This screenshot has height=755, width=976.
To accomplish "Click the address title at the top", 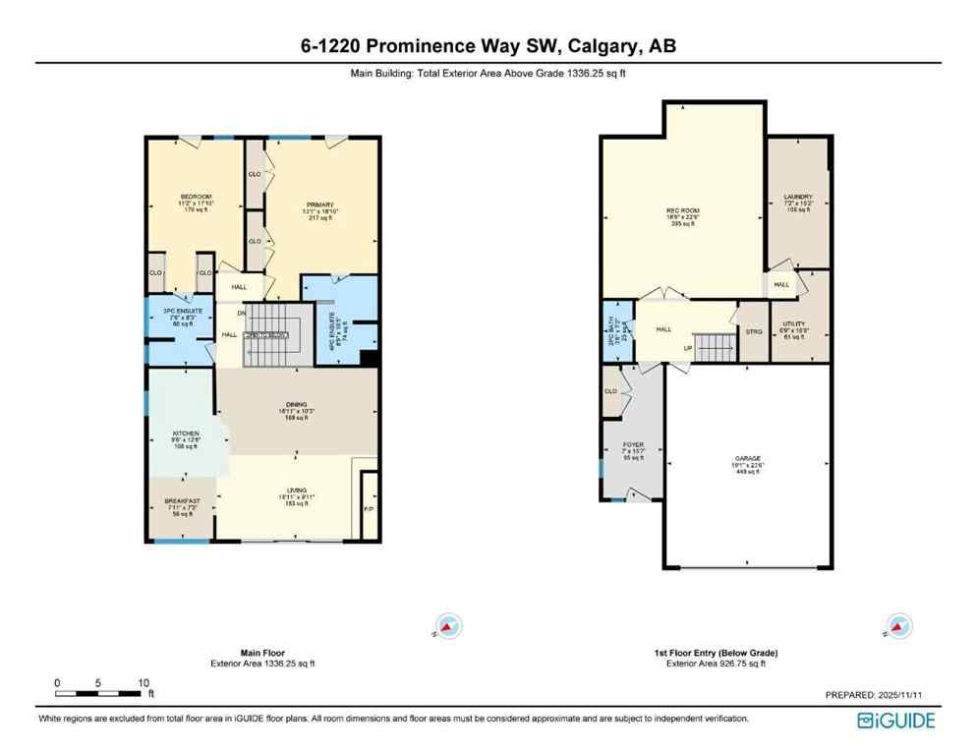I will coord(488,46).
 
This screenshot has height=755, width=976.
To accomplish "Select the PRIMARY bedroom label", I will coord(320,205).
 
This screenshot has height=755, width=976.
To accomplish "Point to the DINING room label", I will coord(297,405).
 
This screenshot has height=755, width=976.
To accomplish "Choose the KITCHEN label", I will coord(186,434).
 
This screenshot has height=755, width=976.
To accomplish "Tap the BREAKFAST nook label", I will coord(182,501).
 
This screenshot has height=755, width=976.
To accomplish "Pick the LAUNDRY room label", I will coord(797,197).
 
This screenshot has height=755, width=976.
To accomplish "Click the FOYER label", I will coord(633,445).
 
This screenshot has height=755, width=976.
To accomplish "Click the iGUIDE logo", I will coord(895,721).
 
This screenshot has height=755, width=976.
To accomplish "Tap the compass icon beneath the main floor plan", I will coord(449,625).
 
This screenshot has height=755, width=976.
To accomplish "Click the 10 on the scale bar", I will coord(144,682).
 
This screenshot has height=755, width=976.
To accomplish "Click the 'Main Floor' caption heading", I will coord(262,653).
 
